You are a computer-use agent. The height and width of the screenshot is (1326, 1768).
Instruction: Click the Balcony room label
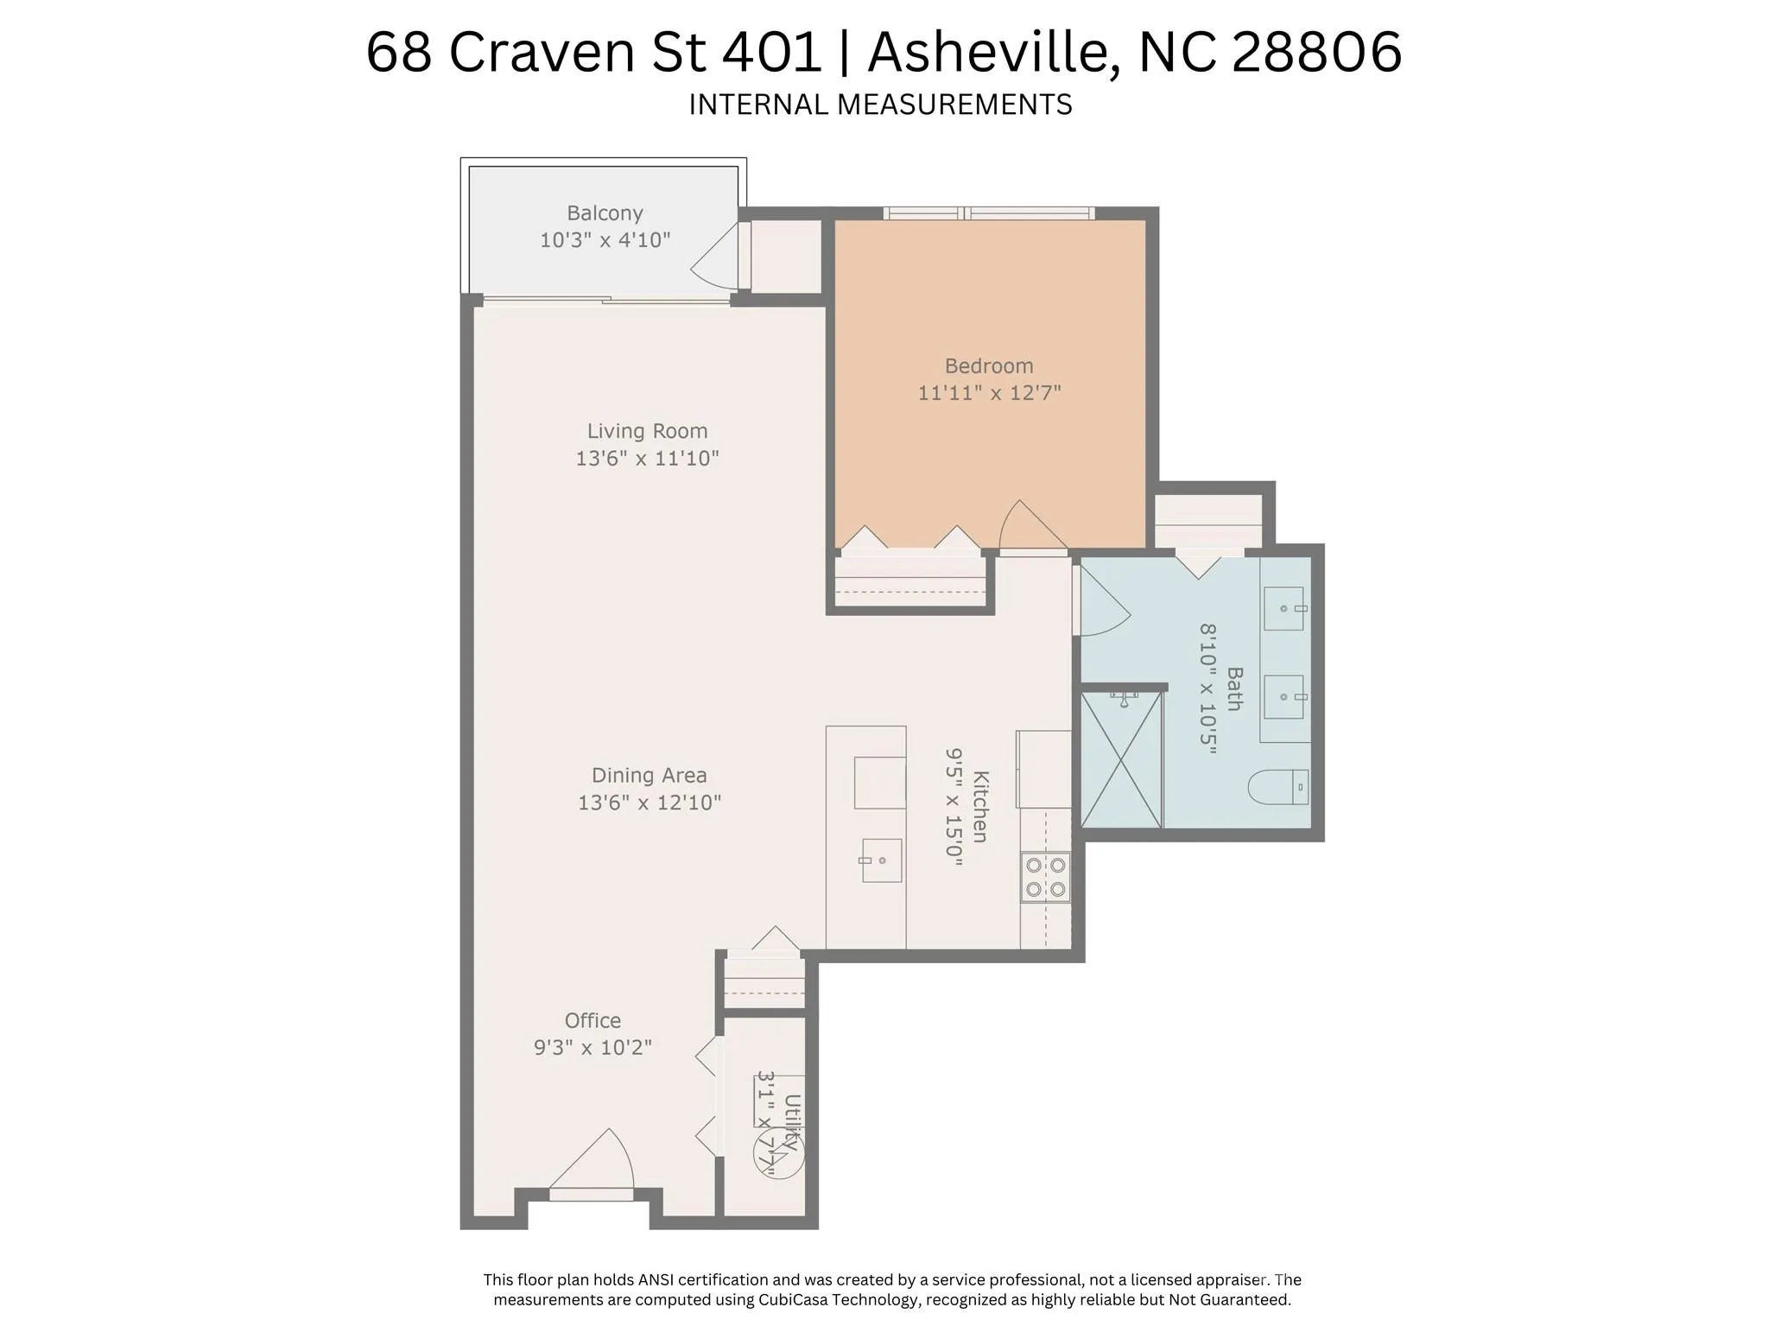click(605, 213)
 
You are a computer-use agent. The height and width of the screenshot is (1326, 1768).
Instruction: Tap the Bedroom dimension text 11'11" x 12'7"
click(989, 393)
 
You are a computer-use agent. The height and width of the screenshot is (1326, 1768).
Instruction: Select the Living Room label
click(647, 431)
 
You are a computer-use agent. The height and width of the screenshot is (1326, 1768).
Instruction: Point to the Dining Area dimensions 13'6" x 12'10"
click(650, 803)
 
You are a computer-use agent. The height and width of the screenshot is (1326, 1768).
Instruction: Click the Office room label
click(593, 1021)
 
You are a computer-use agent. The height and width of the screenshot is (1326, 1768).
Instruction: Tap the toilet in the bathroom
click(1278, 787)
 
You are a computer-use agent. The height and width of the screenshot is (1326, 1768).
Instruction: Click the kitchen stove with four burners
click(1045, 877)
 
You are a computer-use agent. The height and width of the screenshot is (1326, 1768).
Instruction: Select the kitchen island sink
click(881, 860)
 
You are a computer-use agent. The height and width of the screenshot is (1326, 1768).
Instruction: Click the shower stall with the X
click(1121, 759)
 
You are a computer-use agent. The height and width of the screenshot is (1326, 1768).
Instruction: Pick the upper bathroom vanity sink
click(1285, 608)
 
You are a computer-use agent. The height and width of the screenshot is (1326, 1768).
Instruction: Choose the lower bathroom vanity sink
click(1285, 696)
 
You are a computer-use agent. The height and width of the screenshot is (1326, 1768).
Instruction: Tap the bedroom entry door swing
click(1033, 524)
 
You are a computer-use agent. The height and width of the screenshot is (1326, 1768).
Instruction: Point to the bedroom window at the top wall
click(989, 213)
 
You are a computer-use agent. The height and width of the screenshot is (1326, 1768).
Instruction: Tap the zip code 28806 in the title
click(1316, 52)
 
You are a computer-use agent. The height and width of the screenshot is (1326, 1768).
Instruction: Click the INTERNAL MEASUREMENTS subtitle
click(880, 105)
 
